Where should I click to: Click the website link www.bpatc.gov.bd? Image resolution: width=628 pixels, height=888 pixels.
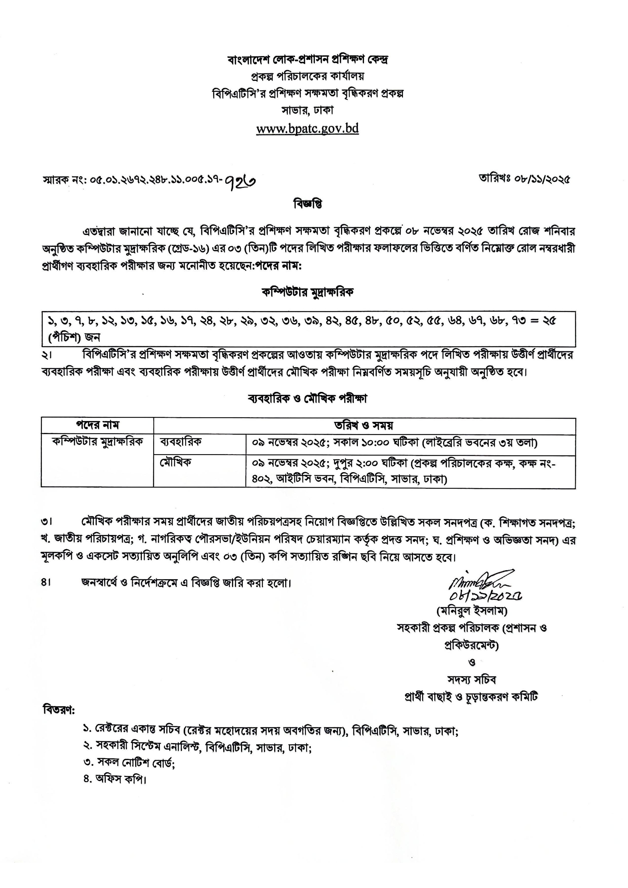coord(308,128)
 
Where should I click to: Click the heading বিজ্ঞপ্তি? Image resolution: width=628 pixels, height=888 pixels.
coord(308,204)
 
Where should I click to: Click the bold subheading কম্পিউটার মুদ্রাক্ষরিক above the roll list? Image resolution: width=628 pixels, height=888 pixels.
coord(308,292)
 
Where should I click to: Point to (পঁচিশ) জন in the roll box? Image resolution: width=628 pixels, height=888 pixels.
coord(74,337)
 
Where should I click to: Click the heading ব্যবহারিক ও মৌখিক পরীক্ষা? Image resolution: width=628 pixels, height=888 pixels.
coord(308,398)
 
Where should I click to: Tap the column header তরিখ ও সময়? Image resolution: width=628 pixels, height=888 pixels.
coord(364,426)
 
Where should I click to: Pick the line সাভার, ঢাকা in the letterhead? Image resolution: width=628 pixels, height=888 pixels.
coord(308,110)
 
